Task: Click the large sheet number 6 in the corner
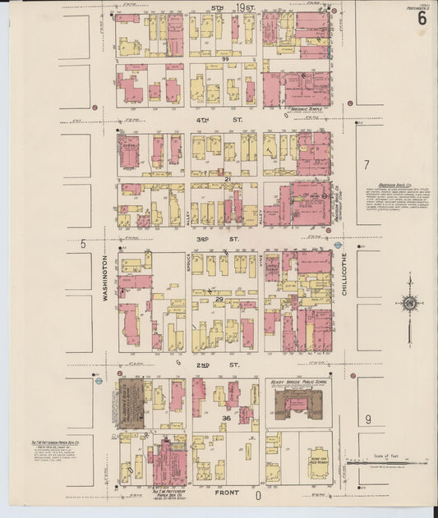coord(422,18)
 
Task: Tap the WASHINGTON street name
coord(106,277)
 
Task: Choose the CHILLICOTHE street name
coord(343,277)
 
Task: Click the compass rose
coord(408,304)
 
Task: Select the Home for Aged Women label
coord(318,460)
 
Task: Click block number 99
coord(224,60)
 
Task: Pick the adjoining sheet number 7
coord(367,164)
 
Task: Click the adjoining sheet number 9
coord(367,419)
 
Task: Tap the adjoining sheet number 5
coord(83,244)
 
